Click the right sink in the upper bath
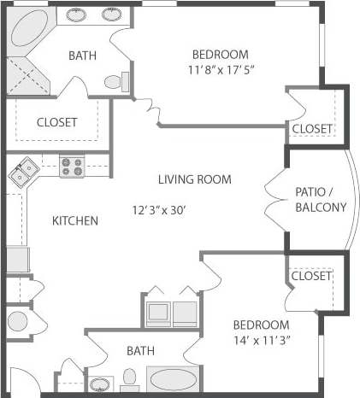coord(112,14)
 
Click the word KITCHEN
coord(75,220)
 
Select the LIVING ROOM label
coord(194,179)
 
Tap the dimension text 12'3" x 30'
coord(170,209)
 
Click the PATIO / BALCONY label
coord(320,199)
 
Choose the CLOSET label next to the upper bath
coord(56,122)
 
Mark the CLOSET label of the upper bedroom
coord(311,128)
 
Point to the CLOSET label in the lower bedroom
coord(310,276)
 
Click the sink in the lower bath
coord(100,383)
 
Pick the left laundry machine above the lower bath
coord(158,313)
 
